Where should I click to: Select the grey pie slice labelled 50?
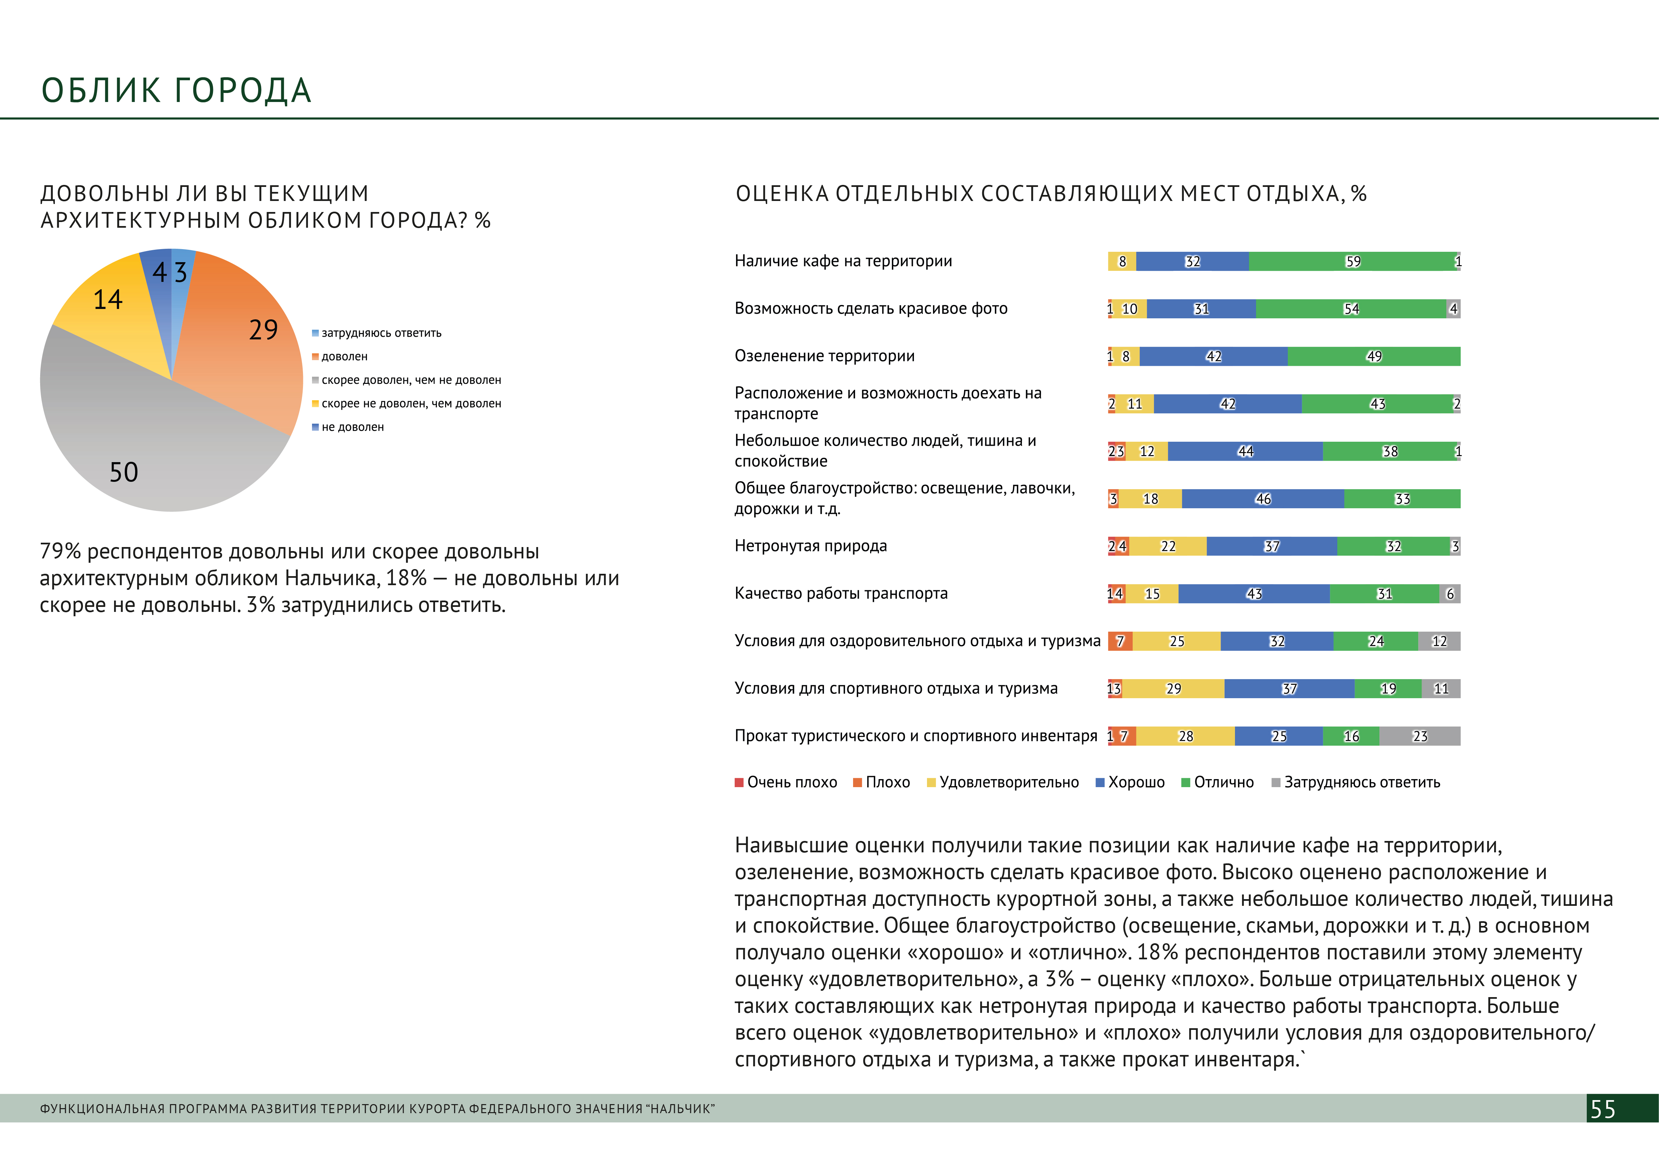[144, 448]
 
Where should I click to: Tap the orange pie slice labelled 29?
[246, 347]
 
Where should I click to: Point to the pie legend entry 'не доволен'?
[352, 427]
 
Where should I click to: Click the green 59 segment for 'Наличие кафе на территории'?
[1353, 261]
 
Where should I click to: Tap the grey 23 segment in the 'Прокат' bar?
[1420, 736]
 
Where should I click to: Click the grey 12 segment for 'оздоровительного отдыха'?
[1439, 641]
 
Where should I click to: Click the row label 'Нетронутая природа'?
[811, 546]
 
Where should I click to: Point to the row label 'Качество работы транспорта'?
[840, 594]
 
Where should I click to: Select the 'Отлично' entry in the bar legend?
[1223, 782]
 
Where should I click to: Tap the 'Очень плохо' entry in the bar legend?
[791, 782]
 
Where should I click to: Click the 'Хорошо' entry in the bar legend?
[1136, 782]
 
